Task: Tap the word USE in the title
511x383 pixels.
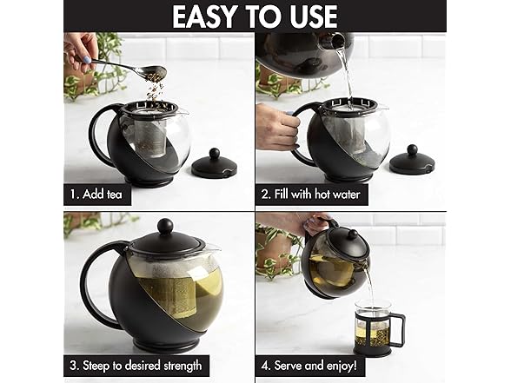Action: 313,17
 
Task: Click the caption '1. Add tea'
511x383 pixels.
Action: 96,195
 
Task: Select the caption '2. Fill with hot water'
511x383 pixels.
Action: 310,195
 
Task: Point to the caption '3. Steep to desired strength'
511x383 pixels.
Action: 136,366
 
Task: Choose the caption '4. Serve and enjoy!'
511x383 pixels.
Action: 309,366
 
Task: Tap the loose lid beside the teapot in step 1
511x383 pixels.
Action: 214,163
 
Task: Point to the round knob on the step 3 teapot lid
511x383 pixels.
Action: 165,226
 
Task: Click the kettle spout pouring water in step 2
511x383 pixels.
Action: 336,40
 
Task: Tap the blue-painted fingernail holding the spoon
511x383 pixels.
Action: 88,60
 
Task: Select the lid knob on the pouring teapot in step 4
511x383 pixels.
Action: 352,234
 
